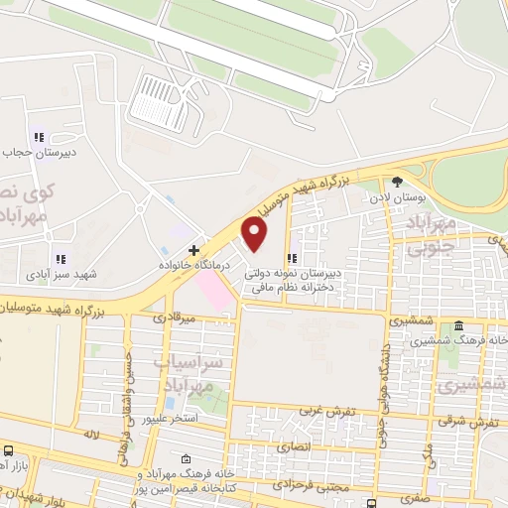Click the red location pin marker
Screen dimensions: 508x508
[256, 234]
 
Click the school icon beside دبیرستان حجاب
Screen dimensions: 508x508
[39, 137]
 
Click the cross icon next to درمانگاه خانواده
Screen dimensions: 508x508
[194, 249]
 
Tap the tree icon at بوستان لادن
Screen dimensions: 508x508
[397, 182]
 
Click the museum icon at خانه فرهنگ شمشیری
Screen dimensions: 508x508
[457, 326]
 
